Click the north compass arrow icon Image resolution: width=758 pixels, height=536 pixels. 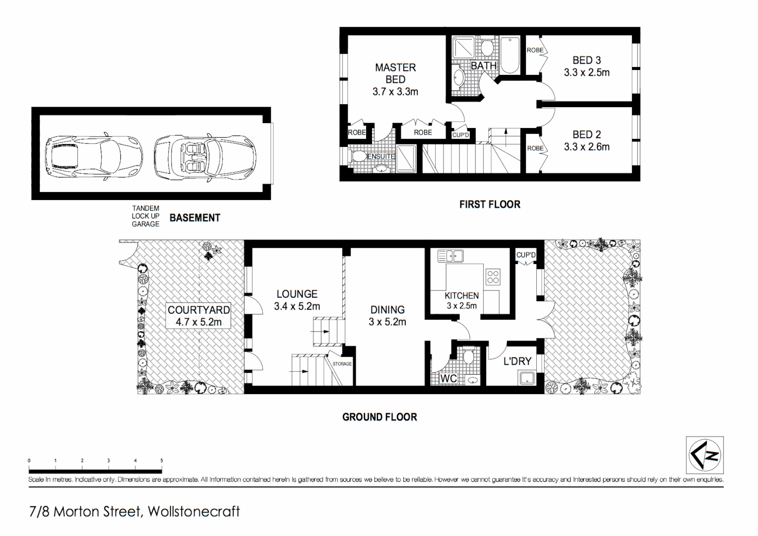pos(704,455)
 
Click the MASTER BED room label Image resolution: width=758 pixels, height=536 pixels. pos(395,73)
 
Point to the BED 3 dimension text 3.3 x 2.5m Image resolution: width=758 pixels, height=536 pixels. pos(586,72)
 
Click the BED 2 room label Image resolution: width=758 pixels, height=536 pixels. pos(586,134)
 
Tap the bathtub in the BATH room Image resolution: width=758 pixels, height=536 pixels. pos(509,55)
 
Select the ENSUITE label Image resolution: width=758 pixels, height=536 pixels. pos(381,156)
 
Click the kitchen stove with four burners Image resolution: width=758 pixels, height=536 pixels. pos(493,277)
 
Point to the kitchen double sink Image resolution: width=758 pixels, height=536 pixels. pos(450,256)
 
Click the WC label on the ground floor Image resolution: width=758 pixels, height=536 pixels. pos(448,379)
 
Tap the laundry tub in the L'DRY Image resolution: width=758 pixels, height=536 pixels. pos(526,378)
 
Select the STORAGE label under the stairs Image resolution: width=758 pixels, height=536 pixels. pos(342,364)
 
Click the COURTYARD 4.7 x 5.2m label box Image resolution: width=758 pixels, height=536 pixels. pos(198,316)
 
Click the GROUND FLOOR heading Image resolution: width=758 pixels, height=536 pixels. pos(379,417)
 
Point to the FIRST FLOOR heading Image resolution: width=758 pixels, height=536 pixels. pos(490,204)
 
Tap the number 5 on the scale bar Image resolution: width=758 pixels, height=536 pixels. pos(161,461)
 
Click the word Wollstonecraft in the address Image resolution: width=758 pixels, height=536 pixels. pos(193,511)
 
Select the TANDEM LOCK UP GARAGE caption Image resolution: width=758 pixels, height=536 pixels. pos(145,216)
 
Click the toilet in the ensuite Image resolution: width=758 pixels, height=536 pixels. pos(358,156)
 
